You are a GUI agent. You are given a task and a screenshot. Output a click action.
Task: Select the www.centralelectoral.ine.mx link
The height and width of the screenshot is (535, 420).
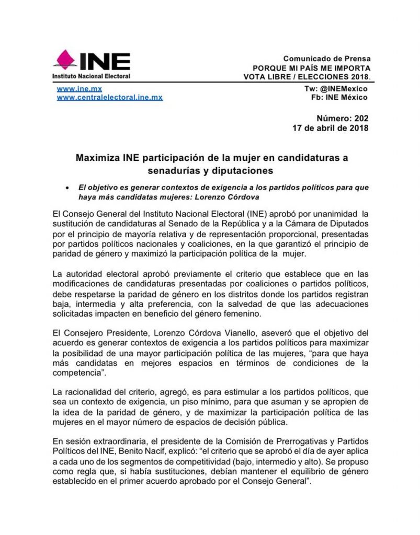[110, 98]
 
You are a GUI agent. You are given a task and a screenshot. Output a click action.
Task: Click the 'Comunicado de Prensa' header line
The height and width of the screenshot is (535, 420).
[327, 59]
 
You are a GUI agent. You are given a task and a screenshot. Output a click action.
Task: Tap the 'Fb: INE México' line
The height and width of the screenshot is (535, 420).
[339, 98]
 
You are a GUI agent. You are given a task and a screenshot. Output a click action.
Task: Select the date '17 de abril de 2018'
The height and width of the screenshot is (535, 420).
[330, 128]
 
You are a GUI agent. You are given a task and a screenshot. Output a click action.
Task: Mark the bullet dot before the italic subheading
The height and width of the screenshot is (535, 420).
[66, 188]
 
